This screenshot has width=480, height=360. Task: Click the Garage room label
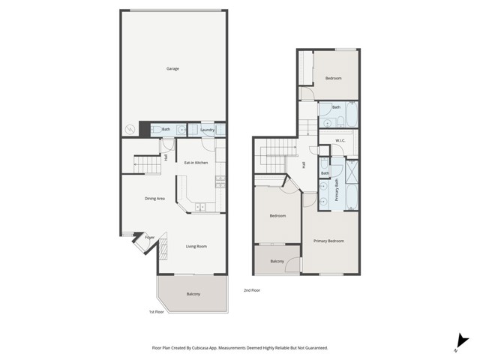coord(173,68)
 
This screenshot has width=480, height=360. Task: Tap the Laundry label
coord(208,130)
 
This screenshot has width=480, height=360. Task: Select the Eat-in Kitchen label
coord(196,163)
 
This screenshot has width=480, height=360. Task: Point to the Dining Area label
coord(154,198)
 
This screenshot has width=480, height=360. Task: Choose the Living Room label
coord(196,246)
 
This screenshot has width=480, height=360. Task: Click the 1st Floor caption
coord(156,312)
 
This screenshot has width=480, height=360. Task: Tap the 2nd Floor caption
coord(252,290)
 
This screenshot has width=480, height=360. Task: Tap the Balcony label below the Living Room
coord(193,293)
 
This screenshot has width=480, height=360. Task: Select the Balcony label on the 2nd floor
coord(277,261)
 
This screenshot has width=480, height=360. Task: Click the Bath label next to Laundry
coord(166,130)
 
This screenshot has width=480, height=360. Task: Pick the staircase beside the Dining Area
coord(148,164)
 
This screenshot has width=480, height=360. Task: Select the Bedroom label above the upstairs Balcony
coord(277,216)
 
